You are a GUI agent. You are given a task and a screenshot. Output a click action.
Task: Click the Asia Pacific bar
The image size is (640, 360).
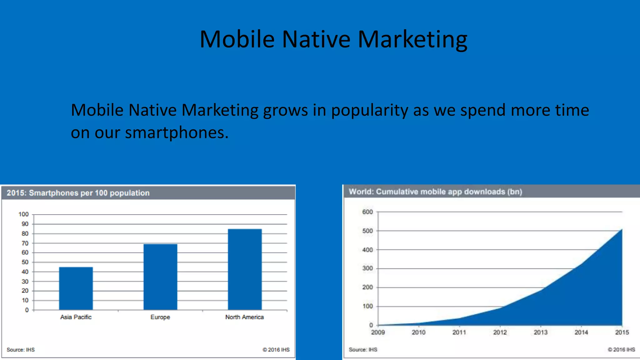click(x=76, y=288)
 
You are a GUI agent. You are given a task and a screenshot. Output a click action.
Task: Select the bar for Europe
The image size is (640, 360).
click(x=160, y=277)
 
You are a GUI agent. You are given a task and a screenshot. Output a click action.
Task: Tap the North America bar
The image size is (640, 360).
click(x=245, y=269)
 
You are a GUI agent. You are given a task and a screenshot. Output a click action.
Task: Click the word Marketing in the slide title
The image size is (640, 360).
click(x=412, y=40)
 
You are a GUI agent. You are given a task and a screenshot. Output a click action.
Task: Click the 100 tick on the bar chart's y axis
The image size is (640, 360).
click(x=23, y=214)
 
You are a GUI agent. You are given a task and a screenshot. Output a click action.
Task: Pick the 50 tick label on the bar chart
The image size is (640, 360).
click(x=25, y=262)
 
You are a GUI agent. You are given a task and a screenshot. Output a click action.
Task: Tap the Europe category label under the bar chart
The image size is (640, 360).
click(x=160, y=317)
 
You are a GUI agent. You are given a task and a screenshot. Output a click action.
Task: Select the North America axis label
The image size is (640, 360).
click(x=244, y=317)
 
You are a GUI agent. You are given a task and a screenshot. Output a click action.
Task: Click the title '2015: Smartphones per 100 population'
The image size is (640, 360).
click(x=78, y=193)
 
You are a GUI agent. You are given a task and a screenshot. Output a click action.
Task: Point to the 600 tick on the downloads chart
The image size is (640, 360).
click(x=367, y=212)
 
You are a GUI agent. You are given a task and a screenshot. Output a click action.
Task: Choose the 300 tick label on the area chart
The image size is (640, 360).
click(x=367, y=268)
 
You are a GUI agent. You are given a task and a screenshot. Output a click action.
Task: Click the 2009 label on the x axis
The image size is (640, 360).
click(x=378, y=332)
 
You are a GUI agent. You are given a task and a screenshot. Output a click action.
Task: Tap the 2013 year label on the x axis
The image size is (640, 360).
click(x=541, y=332)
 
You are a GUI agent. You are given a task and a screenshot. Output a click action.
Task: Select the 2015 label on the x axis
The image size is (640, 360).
click(x=622, y=332)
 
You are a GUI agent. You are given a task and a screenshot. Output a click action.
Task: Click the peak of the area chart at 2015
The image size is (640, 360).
click(x=622, y=230)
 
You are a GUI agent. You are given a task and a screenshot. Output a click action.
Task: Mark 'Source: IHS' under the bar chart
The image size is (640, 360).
click(x=21, y=350)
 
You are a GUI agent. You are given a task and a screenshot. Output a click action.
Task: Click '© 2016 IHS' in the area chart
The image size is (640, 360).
click(x=621, y=350)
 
